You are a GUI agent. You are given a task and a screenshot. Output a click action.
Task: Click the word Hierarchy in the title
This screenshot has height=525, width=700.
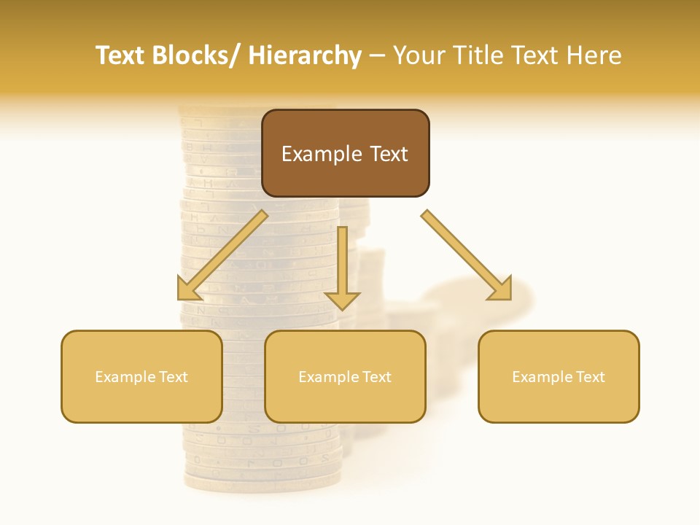point(305,55)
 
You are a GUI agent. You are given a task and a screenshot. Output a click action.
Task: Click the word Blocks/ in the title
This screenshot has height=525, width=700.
point(195,55)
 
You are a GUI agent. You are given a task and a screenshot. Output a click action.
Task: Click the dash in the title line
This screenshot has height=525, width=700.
point(377,57)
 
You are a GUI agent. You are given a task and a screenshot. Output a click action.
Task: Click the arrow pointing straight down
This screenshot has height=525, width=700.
point(342,262)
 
